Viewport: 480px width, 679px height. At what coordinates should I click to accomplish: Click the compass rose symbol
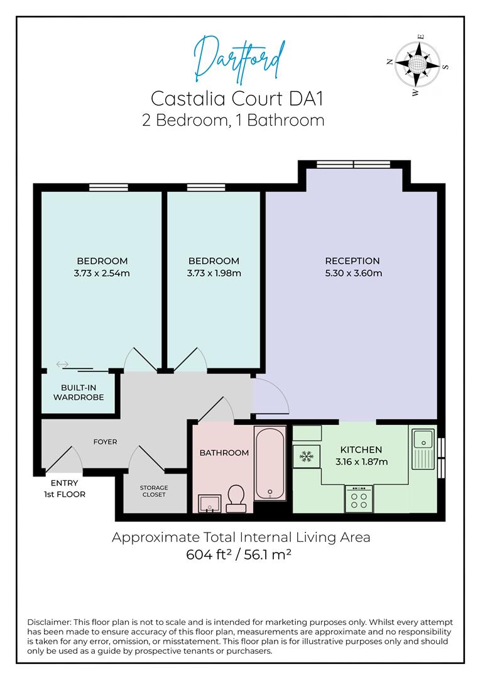click(x=417, y=65)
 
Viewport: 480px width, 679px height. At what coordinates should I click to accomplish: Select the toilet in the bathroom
click(x=236, y=499)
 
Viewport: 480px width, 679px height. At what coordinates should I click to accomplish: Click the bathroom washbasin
click(x=209, y=504)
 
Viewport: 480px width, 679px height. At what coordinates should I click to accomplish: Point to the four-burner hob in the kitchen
click(x=359, y=499)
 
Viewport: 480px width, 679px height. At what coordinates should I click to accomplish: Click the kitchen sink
click(x=423, y=449)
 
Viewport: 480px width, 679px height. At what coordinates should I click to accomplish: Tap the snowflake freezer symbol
click(x=307, y=456)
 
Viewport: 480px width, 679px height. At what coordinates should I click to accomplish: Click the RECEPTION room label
click(x=352, y=261)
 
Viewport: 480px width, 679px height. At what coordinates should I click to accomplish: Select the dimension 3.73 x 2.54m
click(x=102, y=273)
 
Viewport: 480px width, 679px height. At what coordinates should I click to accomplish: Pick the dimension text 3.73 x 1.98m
click(x=214, y=273)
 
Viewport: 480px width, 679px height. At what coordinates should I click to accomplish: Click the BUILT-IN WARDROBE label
click(x=79, y=392)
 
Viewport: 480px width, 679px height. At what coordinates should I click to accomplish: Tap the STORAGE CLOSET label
click(x=154, y=491)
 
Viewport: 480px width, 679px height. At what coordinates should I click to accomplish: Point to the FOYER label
click(x=105, y=442)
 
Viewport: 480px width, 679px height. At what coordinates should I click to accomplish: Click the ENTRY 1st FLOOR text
click(x=65, y=489)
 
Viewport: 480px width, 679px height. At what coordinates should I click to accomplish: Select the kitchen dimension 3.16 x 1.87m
click(x=361, y=461)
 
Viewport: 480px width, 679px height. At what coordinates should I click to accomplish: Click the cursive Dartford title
click(x=239, y=60)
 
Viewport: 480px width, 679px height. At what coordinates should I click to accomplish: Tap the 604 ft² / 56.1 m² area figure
click(x=239, y=555)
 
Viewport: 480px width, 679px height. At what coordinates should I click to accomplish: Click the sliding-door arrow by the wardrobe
click(x=62, y=364)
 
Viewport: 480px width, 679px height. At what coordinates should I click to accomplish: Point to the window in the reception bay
click(x=353, y=164)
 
